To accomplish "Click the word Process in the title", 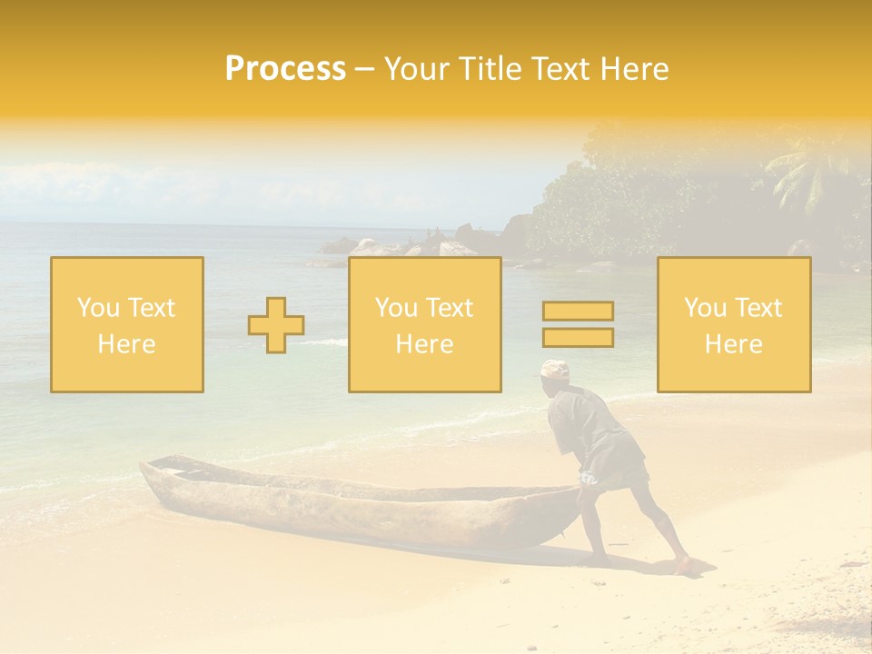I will click(285, 69).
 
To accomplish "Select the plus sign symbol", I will click(276, 325).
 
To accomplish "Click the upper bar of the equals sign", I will click(578, 312).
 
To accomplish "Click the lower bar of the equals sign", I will click(578, 338).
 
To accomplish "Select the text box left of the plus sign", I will click(127, 324).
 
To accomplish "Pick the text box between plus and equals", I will click(424, 324).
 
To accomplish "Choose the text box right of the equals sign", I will click(734, 324).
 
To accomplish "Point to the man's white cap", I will click(554, 369).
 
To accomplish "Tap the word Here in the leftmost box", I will click(126, 343).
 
